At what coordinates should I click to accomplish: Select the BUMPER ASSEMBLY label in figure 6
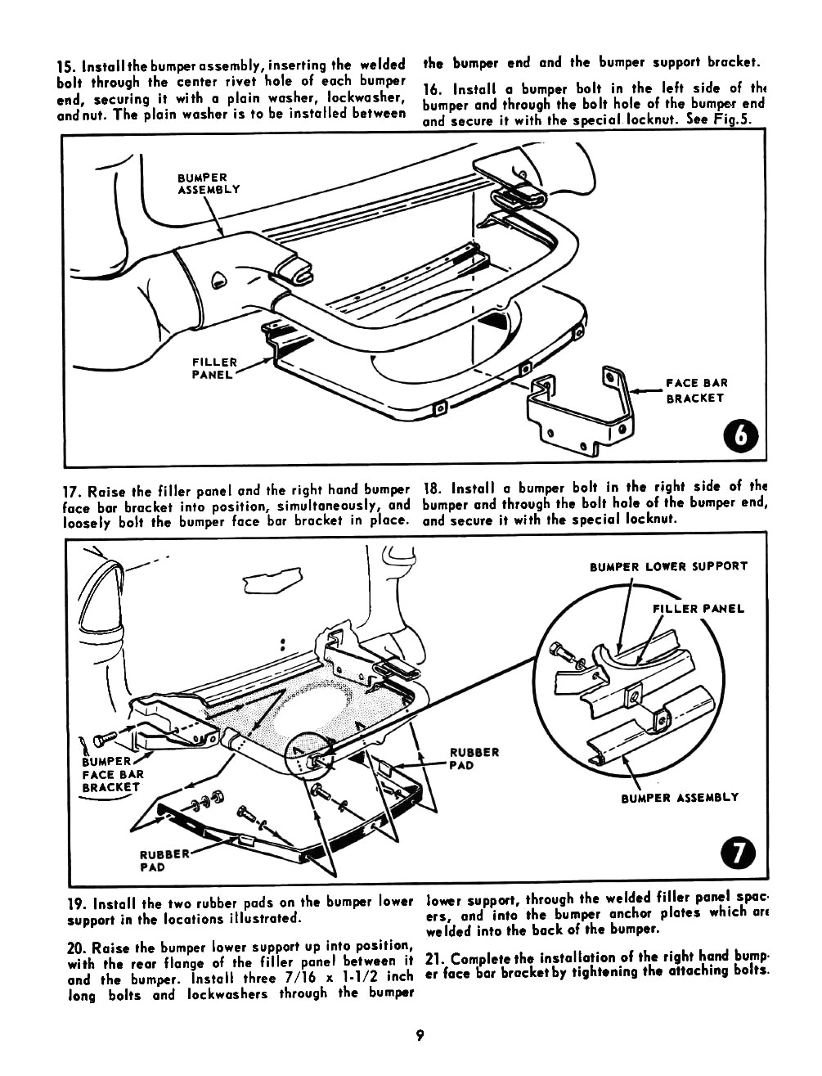pos(209,184)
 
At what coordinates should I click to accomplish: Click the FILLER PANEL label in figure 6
pos(214,368)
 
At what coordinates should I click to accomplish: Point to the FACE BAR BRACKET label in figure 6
pos(696,390)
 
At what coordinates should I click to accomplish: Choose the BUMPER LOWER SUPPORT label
pos(668,566)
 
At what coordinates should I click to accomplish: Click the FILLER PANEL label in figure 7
pos(698,609)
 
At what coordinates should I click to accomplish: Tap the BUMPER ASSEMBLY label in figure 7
pos(680,797)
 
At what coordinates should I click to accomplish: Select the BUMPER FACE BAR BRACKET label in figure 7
pos(113,774)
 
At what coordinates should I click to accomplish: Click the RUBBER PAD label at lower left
pos(164,861)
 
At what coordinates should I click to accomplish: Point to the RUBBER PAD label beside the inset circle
pos(474,759)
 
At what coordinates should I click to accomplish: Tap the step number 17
pos(72,492)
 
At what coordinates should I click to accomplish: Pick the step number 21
pos(434,958)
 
